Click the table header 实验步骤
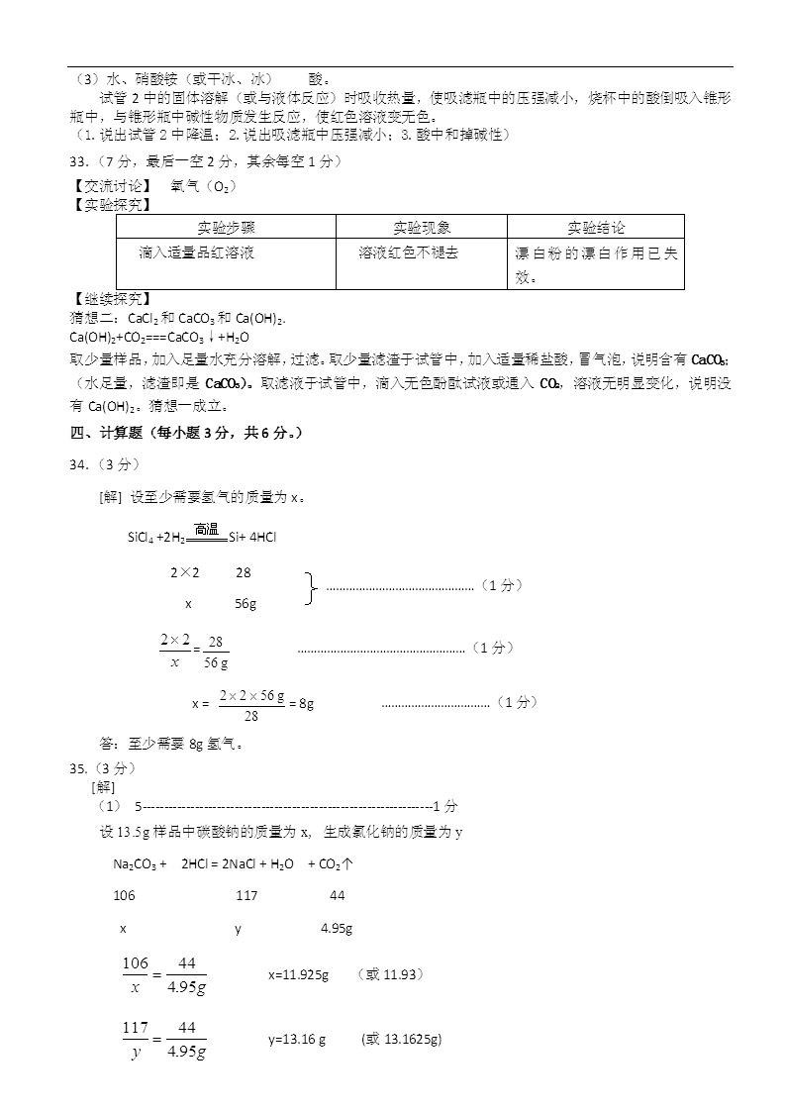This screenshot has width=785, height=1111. click(x=227, y=228)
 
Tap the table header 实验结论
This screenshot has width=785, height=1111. click(x=596, y=228)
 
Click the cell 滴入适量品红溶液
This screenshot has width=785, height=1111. click(x=196, y=253)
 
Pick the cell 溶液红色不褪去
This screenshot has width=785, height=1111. click(x=408, y=253)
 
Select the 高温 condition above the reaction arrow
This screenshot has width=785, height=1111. click(x=206, y=529)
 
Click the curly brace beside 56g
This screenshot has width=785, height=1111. click(x=311, y=587)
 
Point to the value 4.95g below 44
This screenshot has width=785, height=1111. click(x=337, y=929)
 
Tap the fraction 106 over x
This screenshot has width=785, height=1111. click(x=135, y=975)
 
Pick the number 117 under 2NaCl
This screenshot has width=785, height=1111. click(x=246, y=895)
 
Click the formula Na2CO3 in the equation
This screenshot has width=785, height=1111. click(x=135, y=864)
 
